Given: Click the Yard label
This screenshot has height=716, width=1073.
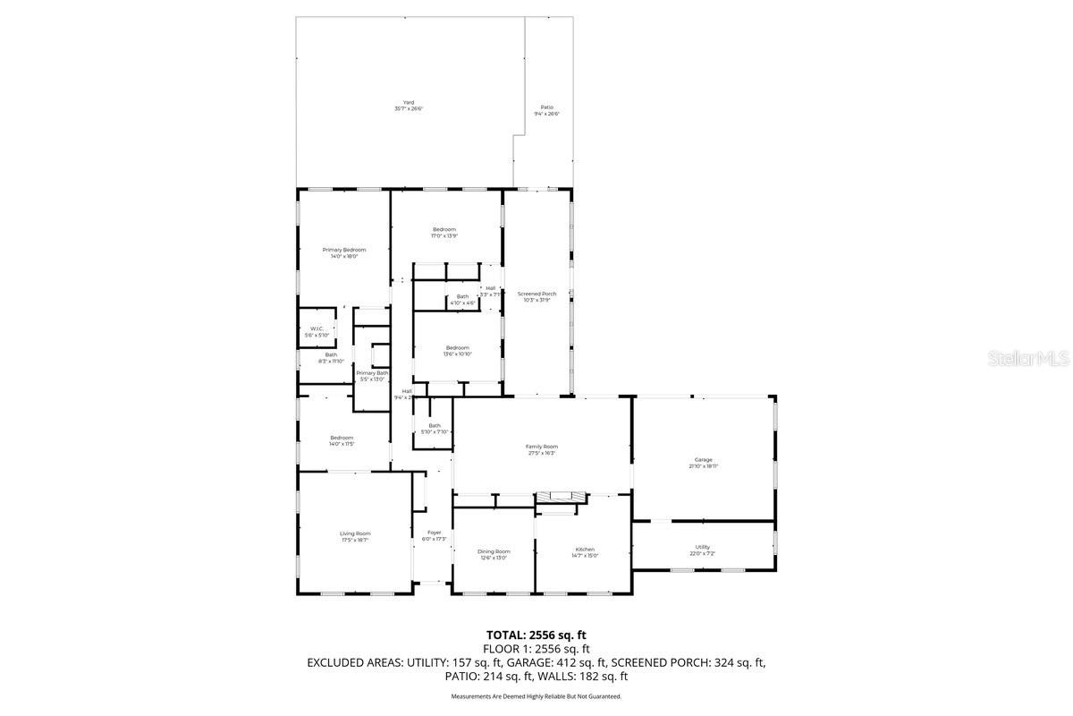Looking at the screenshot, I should (409, 106).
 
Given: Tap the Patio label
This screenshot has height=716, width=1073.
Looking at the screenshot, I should (546, 110).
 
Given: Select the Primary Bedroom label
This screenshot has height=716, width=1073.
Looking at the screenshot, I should (344, 253).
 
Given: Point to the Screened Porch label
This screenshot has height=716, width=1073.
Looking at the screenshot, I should (536, 297).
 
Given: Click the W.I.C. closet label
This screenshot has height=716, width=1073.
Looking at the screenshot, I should (317, 332).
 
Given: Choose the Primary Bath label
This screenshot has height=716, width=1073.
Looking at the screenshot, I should (372, 376).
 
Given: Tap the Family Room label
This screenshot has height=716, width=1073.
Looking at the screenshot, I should (541, 449).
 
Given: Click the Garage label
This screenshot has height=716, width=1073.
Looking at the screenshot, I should (703, 463).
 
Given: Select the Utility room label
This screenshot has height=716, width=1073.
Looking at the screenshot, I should (703, 550).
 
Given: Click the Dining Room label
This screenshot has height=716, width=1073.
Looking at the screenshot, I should (494, 554).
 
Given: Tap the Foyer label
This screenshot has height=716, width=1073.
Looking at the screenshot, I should (434, 535).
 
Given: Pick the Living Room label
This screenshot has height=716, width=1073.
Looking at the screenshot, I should (355, 536).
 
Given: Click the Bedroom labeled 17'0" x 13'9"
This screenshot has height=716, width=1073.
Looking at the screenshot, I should (444, 233).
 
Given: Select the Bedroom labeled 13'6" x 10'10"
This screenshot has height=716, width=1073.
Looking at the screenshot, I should (458, 350).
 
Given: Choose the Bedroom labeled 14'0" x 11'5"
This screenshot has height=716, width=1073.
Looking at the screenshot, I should (342, 440).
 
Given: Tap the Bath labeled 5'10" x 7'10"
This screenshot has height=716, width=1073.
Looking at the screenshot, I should (435, 429).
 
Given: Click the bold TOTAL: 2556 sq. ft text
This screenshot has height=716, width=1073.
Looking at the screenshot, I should (536, 634).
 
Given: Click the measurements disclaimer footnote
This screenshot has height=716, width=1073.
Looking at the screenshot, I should (536, 695).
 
